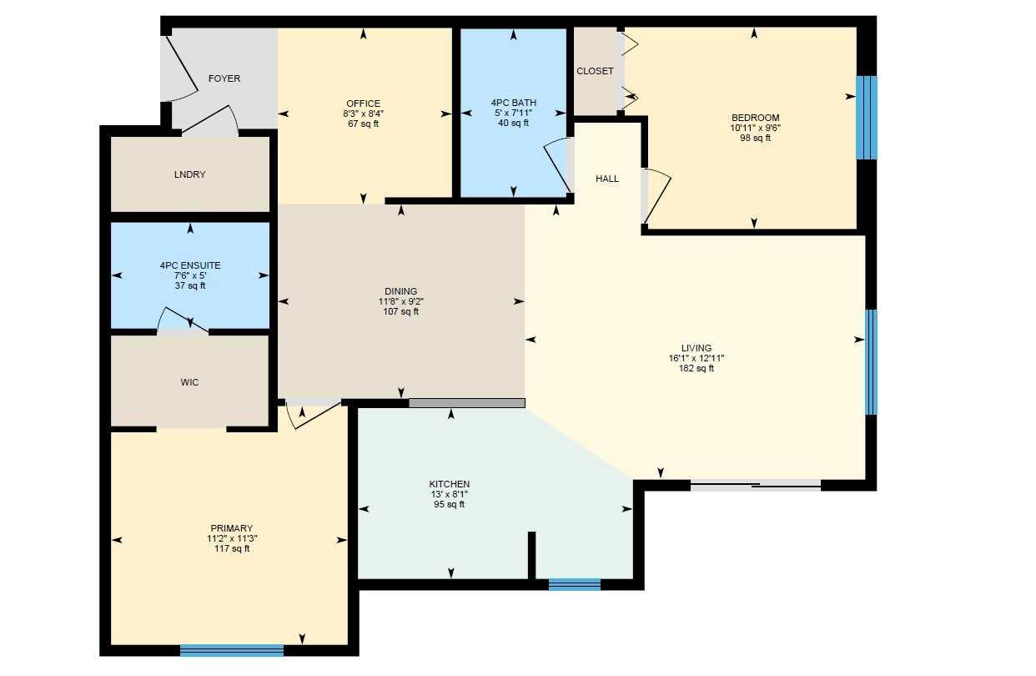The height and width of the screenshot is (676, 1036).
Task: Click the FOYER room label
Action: pyautogui.click(x=224, y=78)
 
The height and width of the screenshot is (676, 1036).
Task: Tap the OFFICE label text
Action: pyautogui.click(x=363, y=103)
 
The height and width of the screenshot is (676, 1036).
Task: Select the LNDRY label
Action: pyautogui.click(x=189, y=174)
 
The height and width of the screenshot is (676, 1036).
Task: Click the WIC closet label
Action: pyautogui.click(x=189, y=382)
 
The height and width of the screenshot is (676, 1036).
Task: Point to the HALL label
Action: pyautogui.click(x=607, y=179)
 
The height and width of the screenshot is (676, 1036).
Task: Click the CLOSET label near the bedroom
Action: pyautogui.click(x=595, y=71)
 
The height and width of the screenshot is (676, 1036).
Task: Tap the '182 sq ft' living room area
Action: pyautogui.click(x=697, y=368)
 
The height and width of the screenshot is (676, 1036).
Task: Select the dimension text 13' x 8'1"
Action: pyautogui.click(x=450, y=494)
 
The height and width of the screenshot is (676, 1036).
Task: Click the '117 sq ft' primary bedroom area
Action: pyautogui.click(x=231, y=548)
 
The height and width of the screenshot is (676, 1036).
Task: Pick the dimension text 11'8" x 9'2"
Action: pyautogui.click(x=401, y=301)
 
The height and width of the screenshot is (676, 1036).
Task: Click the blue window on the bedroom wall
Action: pyautogui.click(x=867, y=117)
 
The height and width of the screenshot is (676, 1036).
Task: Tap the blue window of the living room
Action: pyautogui.click(x=871, y=362)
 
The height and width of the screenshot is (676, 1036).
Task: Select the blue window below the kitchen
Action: pyautogui.click(x=574, y=584)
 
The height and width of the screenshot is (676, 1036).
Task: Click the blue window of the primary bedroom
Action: pyautogui.click(x=231, y=650)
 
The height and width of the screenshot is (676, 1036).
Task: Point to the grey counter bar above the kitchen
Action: pyautogui.click(x=466, y=403)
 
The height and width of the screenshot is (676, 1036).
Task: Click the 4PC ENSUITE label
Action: pyautogui.click(x=190, y=265)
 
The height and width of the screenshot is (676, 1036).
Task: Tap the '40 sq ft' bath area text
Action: pyautogui.click(x=513, y=123)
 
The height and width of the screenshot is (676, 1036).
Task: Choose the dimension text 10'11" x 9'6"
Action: pyautogui.click(x=755, y=128)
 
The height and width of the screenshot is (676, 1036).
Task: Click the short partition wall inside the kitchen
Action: pyautogui.click(x=531, y=555)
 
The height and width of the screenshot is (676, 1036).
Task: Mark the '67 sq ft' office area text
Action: pyautogui.click(x=363, y=124)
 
